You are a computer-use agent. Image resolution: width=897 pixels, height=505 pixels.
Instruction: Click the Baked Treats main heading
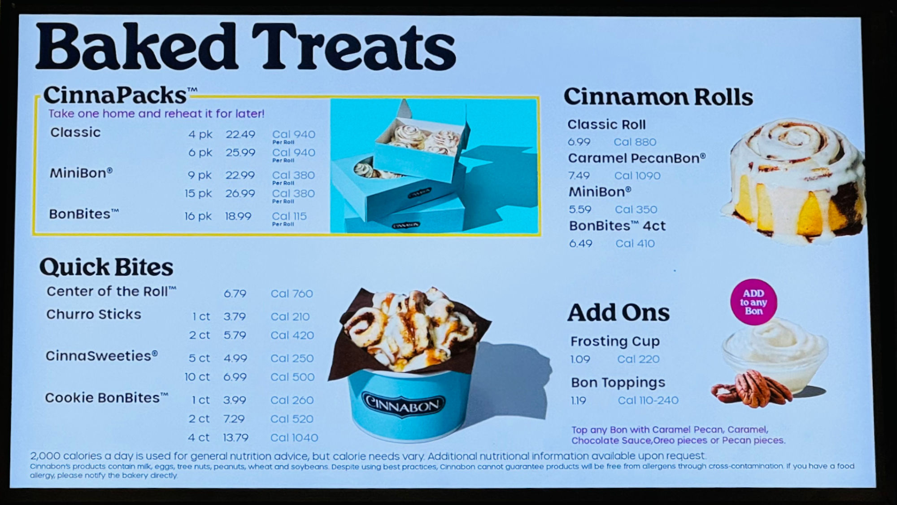click(246, 47)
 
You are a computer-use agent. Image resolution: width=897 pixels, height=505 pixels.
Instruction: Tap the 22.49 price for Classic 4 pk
click(240, 134)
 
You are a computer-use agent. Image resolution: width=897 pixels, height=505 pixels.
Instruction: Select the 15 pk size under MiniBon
click(198, 193)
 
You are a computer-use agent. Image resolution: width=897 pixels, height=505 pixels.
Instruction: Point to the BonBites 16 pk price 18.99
click(238, 216)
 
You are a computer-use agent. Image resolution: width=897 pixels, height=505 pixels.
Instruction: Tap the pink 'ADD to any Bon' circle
click(753, 302)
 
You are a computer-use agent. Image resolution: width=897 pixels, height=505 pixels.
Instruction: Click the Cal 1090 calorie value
click(637, 176)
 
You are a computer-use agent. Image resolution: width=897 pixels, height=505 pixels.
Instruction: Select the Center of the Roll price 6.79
click(235, 294)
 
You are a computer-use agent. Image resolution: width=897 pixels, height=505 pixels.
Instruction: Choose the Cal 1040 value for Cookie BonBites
click(294, 438)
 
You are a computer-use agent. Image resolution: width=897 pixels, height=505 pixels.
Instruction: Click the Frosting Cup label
click(615, 342)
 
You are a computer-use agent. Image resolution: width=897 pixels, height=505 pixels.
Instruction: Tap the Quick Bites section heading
click(106, 267)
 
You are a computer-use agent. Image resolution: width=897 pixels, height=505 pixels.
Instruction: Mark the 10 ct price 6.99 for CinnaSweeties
click(235, 377)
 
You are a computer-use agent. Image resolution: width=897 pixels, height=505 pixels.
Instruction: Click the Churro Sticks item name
click(94, 314)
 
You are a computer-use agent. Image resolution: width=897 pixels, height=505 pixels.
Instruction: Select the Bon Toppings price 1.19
click(579, 400)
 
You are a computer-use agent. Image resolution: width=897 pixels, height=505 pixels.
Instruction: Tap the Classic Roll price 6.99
click(579, 142)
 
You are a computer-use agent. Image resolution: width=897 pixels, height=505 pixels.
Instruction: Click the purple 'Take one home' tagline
click(157, 114)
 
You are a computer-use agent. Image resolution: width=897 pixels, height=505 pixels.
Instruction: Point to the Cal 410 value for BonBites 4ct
click(635, 243)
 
